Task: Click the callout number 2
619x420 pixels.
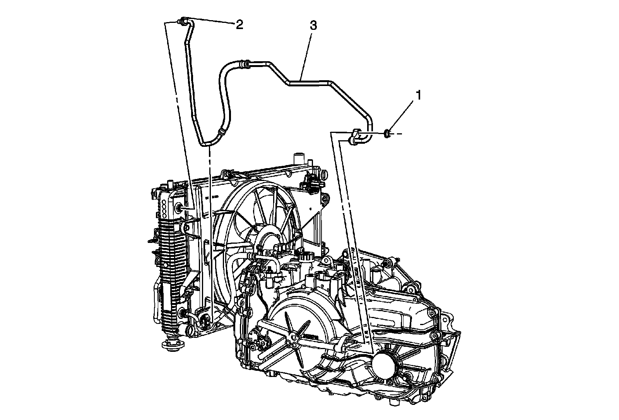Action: click(239, 25)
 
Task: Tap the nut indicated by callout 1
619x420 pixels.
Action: click(387, 134)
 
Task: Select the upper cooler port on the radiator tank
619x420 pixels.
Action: click(180, 208)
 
